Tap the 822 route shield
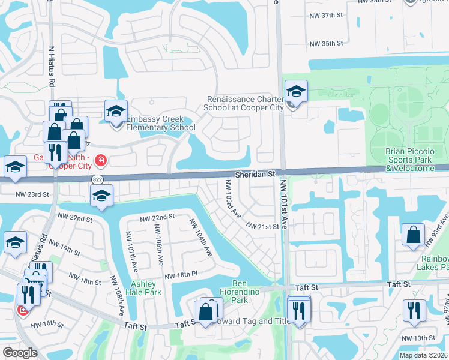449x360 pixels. coord(97,179)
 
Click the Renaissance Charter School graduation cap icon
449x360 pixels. coord(295,92)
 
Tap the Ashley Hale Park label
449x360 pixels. coord(143,288)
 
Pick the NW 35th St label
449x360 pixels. coord(326,43)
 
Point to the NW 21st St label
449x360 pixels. coord(264,226)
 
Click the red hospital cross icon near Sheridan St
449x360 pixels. coord(100,160)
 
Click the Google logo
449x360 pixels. coord(20,353)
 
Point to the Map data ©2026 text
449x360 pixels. coord(423,355)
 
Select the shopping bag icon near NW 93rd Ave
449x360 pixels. coord(414,235)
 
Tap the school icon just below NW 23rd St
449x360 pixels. coord(101,196)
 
